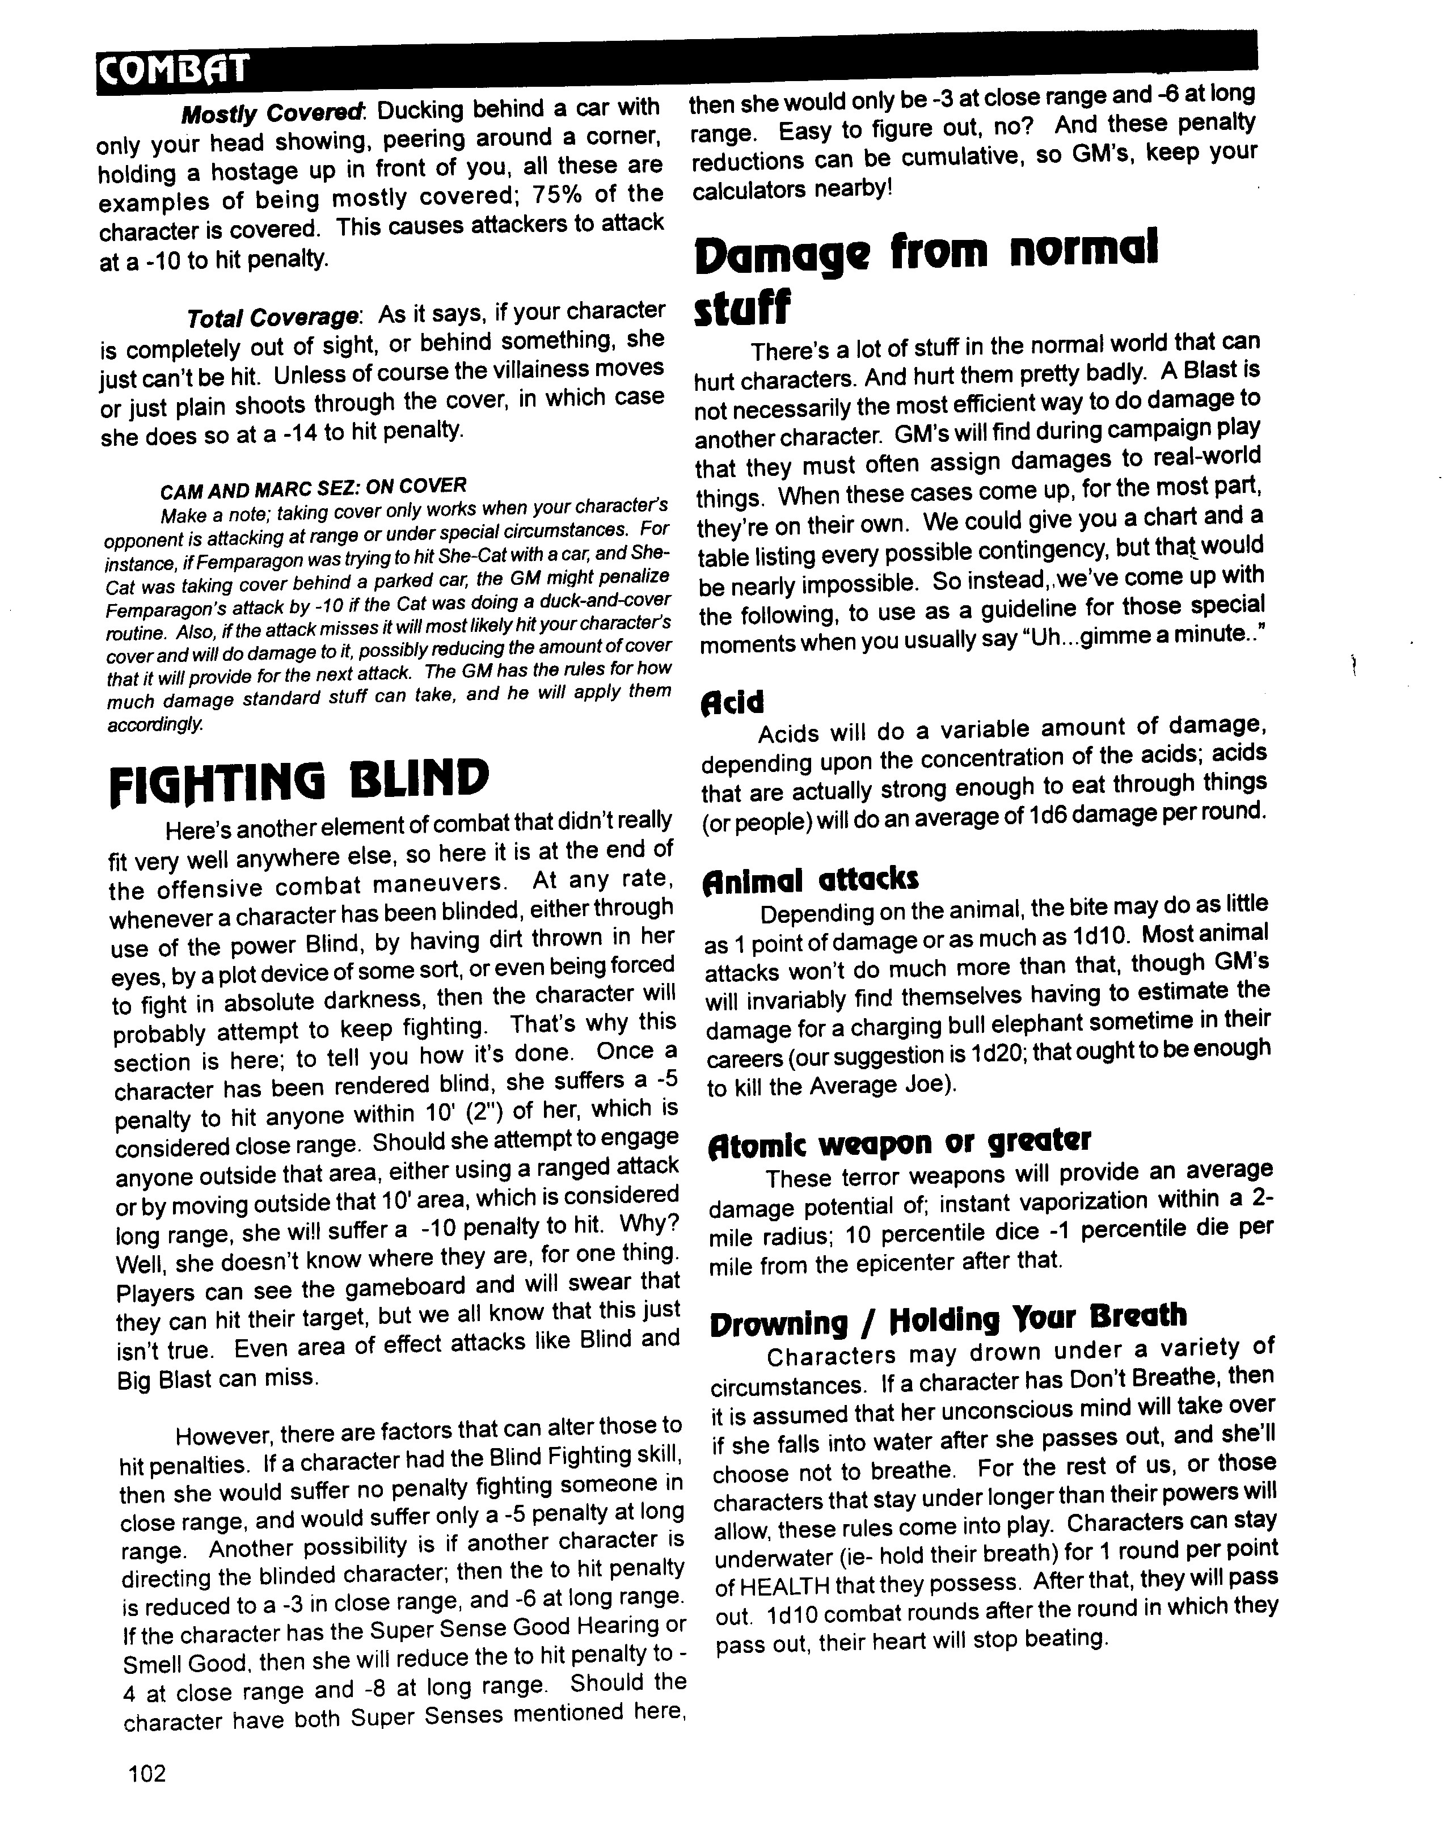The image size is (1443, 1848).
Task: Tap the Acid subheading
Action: click(732, 702)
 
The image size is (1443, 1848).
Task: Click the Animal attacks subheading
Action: click(810, 880)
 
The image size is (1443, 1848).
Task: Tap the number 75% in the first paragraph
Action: click(535, 196)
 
